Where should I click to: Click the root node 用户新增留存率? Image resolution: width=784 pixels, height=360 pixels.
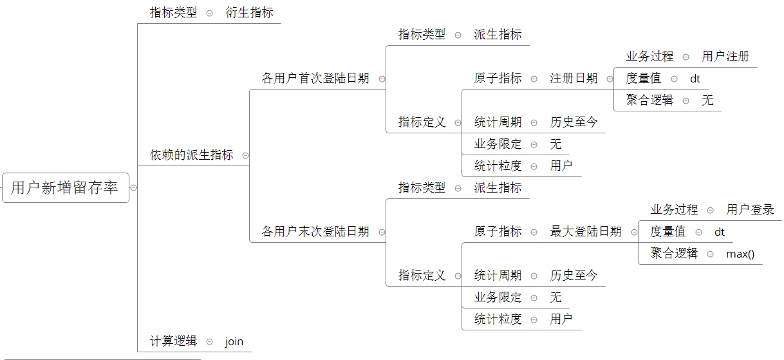tap(65, 187)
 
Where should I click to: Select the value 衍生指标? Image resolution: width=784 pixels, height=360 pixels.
tap(249, 13)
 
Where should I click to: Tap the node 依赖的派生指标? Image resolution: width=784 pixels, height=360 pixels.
tap(192, 155)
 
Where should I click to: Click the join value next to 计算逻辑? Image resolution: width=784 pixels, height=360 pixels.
tap(234, 341)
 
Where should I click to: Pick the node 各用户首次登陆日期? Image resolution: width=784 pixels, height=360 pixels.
tap(315, 79)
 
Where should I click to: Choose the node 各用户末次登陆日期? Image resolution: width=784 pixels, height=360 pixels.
tap(315, 232)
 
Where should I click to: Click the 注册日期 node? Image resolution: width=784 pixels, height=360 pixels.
tap(574, 79)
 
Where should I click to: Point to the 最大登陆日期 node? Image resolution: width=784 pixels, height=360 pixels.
tap(586, 232)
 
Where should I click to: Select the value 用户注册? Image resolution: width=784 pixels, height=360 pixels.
tap(725, 57)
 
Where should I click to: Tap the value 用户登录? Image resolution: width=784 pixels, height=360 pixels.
tap(750, 210)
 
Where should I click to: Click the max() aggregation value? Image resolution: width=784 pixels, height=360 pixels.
tap(740, 254)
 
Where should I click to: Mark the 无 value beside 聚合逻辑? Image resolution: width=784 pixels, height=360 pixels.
tap(707, 100)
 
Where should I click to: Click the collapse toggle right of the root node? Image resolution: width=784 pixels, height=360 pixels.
tap(133, 188)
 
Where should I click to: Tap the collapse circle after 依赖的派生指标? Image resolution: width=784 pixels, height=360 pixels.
tap(245, 156)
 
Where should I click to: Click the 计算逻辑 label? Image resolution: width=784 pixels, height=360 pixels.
tap(173, 341)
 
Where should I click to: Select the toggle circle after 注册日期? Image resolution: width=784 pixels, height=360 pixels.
tap(610, 79)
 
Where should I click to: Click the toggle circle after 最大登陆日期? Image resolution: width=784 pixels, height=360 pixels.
tap(634, 232)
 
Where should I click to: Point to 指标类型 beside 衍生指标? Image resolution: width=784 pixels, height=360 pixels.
tap(173, 13)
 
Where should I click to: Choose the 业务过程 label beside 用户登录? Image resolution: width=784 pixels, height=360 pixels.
tap(674, 210)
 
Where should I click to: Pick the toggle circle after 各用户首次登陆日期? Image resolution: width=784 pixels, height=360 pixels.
tap(382, 79)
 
